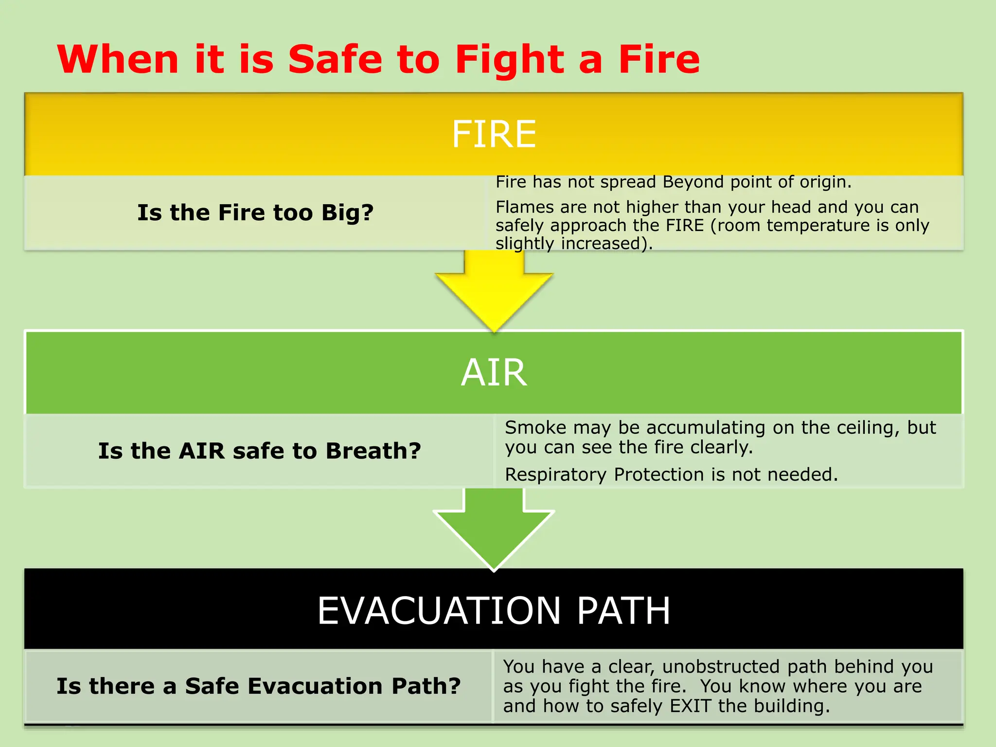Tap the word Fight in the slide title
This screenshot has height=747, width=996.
(509, 60)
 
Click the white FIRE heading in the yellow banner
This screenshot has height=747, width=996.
(494, 134)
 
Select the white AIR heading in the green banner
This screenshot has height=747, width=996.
(494, 373)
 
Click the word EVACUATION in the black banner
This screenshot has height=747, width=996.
(439, 611)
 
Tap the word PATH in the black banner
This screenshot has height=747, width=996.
(623, 611)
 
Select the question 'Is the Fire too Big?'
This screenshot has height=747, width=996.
(255, 213)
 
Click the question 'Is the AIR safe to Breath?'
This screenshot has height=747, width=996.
(259, 451)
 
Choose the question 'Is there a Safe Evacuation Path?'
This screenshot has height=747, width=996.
(258, 686)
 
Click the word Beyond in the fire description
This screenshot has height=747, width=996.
(693, 182)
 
